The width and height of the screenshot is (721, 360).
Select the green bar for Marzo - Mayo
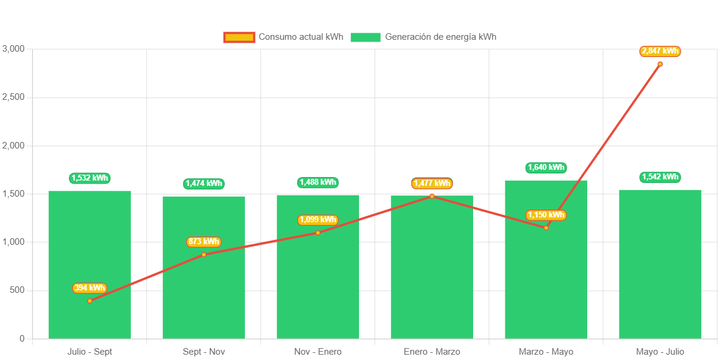pos(546,279)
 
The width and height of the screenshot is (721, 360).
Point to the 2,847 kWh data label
pos(660,51)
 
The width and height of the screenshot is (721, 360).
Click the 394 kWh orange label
pos(90,288)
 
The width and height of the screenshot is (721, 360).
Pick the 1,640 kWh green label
pos(546,168)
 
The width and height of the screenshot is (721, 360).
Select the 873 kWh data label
pos(204,242)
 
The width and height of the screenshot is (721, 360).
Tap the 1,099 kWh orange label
pos(317,220)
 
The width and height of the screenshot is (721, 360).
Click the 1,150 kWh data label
pos(546,215)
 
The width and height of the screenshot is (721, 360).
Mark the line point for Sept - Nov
pos(204,254)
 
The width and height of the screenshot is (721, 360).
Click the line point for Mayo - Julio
pos(660,64)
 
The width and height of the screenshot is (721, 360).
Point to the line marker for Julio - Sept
pos(90,301)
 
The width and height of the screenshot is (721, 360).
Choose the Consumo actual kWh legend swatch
pos(239,37)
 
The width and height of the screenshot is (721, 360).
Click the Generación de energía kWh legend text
pos(440,37)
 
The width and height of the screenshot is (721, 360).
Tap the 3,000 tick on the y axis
pos(14,48)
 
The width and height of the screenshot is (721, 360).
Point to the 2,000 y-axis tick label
pos(14,145)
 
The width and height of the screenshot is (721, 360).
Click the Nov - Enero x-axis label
pos(317,352)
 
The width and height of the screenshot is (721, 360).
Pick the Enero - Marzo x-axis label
pos(432,352)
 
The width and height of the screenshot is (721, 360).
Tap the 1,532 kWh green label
pos(90,178)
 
